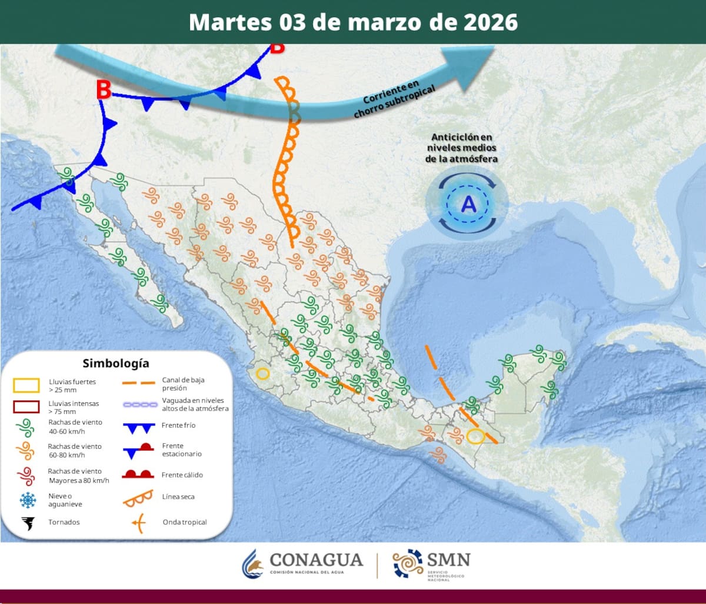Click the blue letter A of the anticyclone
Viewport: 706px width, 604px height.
click(468, 203)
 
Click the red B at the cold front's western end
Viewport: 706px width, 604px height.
click(104, 90)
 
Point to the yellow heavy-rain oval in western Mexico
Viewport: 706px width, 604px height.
click(262, 373)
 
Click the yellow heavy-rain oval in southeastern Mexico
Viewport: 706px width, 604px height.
click(475, 436)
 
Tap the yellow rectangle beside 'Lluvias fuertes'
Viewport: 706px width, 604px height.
click(26, 385)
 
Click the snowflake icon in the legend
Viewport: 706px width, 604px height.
click(28, 500)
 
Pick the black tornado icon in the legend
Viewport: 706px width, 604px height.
click(27, 522)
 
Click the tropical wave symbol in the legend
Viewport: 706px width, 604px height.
click(138, 522)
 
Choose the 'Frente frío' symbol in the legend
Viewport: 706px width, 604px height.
click(138, 428)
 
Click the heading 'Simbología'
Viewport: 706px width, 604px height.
click(116, 363)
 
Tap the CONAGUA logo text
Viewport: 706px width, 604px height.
click(315, 559)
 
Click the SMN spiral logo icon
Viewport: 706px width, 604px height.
click(408, 563)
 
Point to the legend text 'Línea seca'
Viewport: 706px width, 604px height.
click(178, 497)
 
